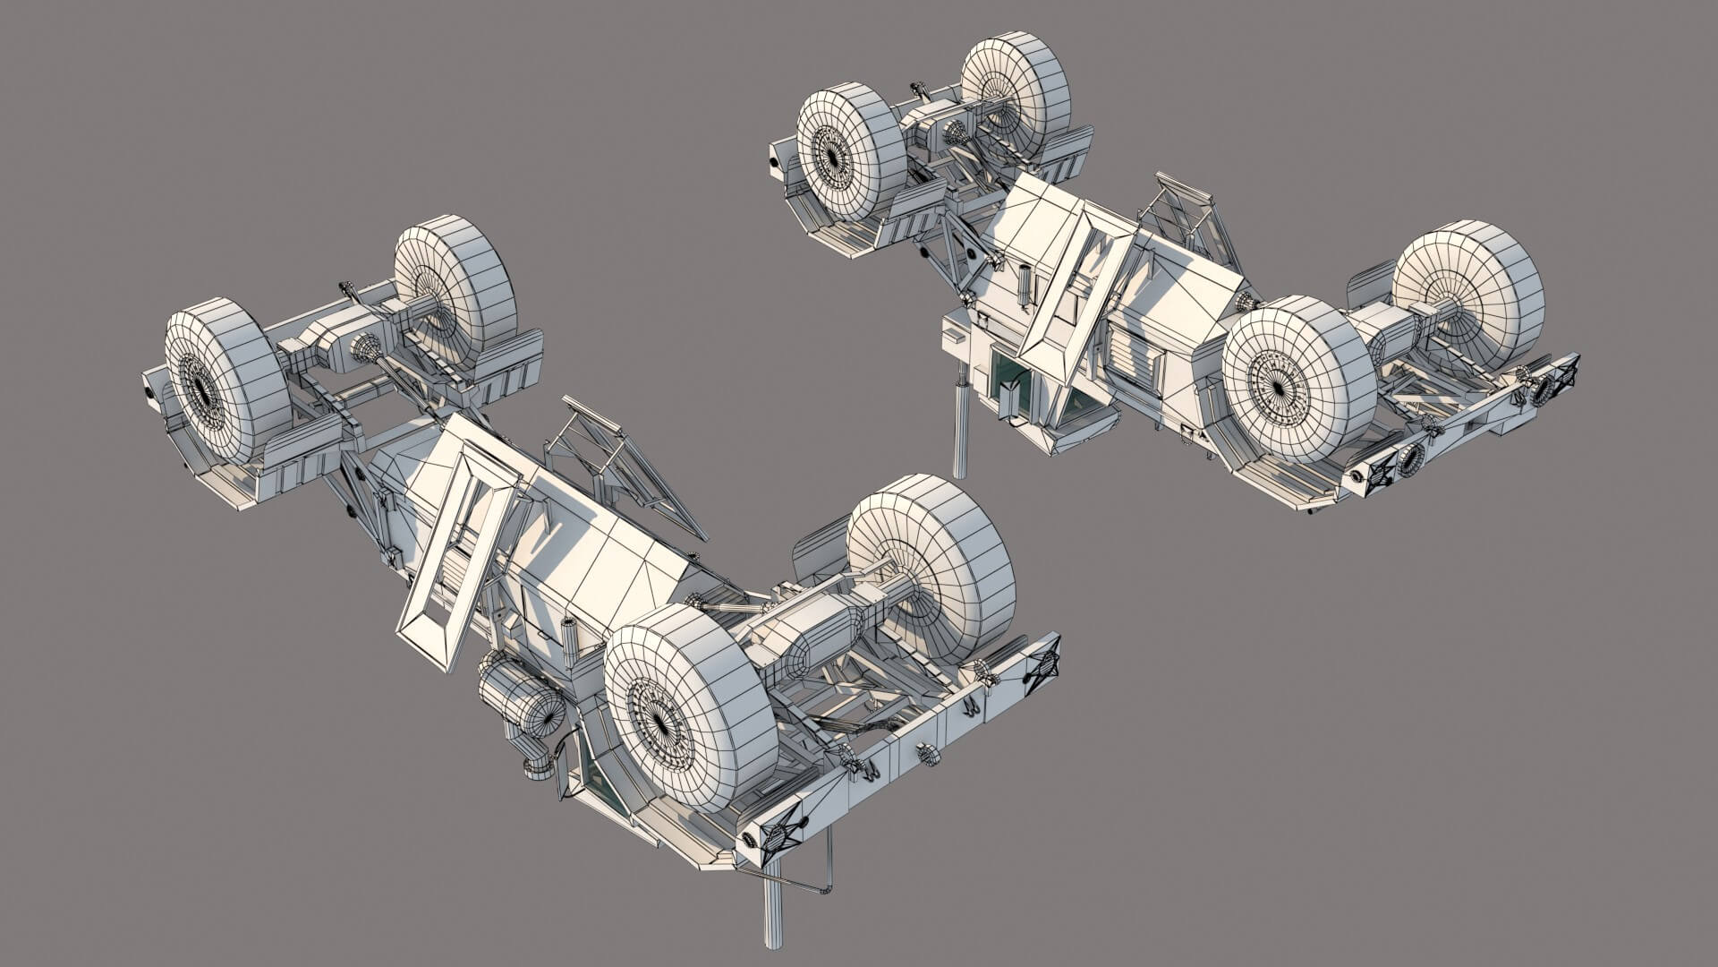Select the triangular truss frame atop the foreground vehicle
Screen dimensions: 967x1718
[x=617, y=466]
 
